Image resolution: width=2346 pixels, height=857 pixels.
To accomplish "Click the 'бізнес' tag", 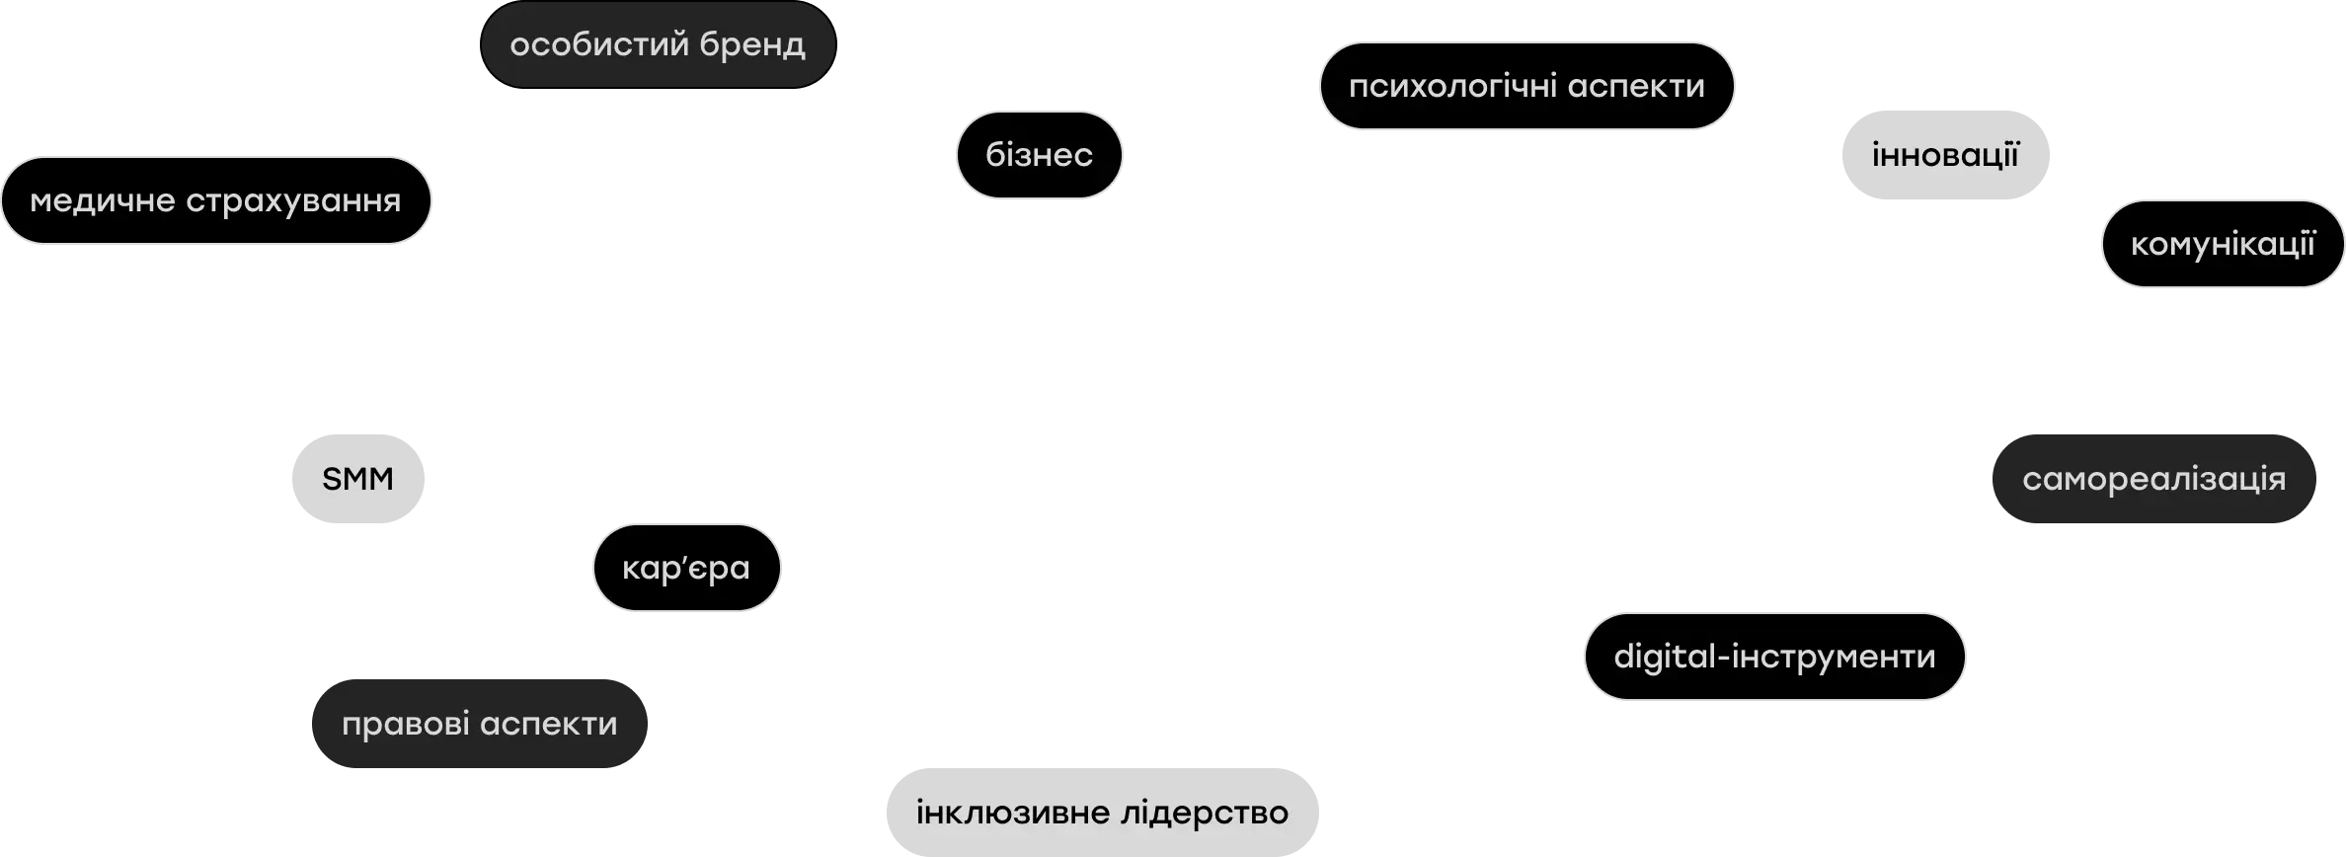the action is pos(1039,155).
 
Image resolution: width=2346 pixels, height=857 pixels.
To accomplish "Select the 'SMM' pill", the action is pos(358,479).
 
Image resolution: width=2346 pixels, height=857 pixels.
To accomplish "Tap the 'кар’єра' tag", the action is pos(686,568).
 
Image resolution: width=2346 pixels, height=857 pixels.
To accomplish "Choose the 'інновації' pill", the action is pos(1945,155).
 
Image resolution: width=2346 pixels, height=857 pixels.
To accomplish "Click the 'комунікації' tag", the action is pos(2223,244).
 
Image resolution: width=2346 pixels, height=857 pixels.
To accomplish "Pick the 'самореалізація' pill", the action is pos(2153,479).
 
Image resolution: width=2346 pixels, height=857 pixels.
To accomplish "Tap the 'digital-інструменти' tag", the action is pos(1774,657).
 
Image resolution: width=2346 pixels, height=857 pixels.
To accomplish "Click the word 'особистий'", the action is pos(597,44).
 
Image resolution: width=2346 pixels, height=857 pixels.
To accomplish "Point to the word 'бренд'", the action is pos(752,45).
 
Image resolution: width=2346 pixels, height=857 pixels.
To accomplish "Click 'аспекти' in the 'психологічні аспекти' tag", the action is pos(1636,87).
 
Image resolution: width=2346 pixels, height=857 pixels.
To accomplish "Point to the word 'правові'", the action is pos(405,725).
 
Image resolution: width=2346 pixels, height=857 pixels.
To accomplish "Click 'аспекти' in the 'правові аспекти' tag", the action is pos(549,725).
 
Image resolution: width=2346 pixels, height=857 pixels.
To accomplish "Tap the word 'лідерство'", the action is pos(1205,813).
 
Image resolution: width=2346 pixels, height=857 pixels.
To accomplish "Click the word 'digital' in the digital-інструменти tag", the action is pos(1667,657).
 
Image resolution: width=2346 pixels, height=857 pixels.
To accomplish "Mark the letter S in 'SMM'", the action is pos(332,479).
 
